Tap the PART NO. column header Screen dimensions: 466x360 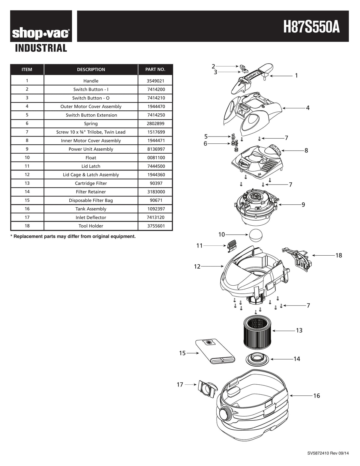point(155,69)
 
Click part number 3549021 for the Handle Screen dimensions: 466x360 point(156,81)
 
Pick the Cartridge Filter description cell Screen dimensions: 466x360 point(91,183)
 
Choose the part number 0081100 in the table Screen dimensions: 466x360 point(156,158)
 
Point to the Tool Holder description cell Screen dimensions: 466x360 point(91,226)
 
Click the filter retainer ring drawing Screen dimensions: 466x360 point(258,359)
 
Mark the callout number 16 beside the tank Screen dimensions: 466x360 point(316,396)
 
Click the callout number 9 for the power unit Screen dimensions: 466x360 point(303,205)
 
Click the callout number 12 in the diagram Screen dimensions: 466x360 point(197,266)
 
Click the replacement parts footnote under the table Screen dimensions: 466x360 point(73,236)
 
